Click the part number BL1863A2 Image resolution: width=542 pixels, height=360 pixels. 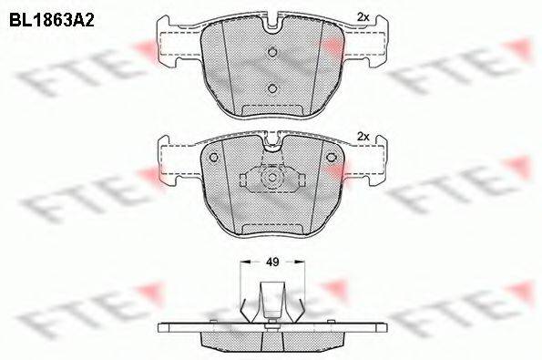pos(52,21)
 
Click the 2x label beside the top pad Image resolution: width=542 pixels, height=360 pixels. pos(363,17)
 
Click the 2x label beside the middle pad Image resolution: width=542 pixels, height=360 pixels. pos(363,137)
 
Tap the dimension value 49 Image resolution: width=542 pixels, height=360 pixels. pos(272,262)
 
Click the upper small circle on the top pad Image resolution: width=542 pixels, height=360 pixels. pos(272,52)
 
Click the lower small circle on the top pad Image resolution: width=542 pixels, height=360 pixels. pos(272,88)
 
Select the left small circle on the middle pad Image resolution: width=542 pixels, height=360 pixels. pos(214,158)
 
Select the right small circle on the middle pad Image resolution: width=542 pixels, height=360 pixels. pos(331,158)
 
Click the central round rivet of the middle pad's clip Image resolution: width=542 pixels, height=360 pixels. pos(272,178)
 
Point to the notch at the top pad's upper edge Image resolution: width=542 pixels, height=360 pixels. pos(272,25)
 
